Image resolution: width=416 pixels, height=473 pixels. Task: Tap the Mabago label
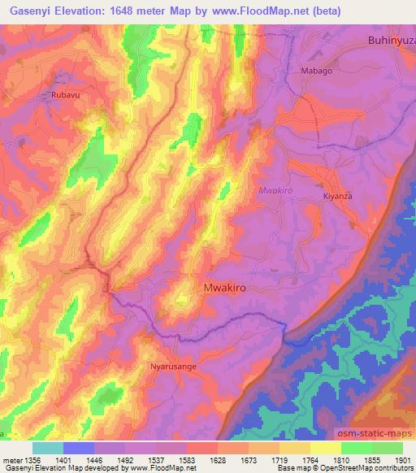(317, 72)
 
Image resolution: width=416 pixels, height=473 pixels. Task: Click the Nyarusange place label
(174, 367)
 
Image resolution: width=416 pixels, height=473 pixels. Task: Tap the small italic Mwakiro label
(275, 190)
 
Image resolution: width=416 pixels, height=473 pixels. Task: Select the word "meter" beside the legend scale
(11, 459)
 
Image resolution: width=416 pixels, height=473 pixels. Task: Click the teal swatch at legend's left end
(47, 448)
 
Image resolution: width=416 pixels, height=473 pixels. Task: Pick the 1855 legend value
(370, 459)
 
